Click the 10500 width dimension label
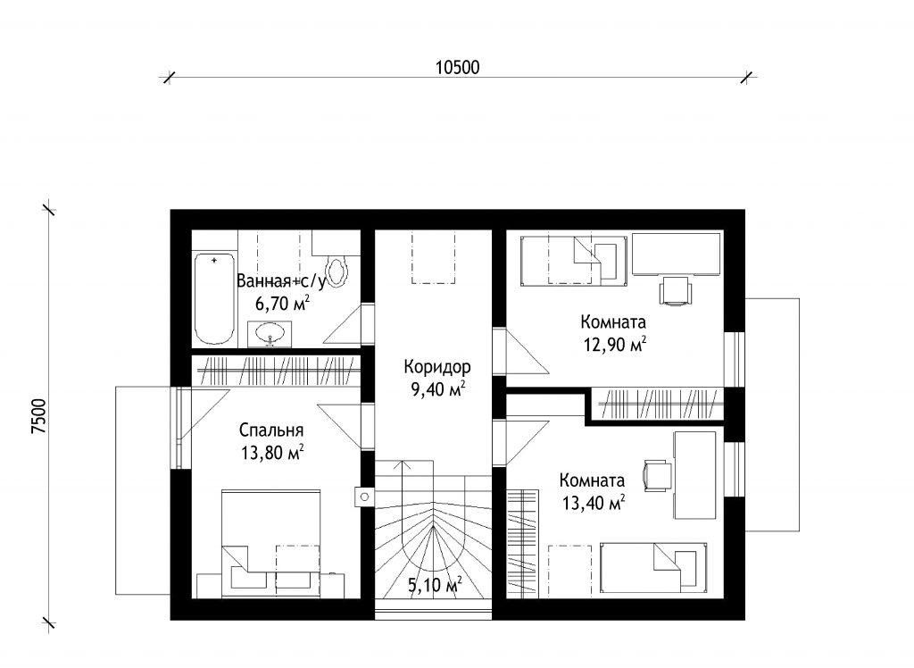pyautogui.click(x=458, y=68)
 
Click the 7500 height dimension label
pyautogui.click(x=38, y=416)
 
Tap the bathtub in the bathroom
pyautogui.click(x=214, y=298)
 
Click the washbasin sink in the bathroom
pyautogui.click(x=270, y=334)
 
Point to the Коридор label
pyautogui.click(x=436, y=367)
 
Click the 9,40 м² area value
pyautogui.click(x=437, y=389)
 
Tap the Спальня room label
pyautogui.click(x=271, y=430)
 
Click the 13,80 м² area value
pyautogui.click(x=272, y=453)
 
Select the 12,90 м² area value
pyautogui.click(x=614, y=345)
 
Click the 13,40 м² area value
pyautogui.click(x=594, y=502)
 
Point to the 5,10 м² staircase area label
pyautogui.click(x=435, y=585)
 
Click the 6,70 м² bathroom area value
pyautogui.click(x=282, y=303)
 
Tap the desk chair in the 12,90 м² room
pyautogui.click(x=677, y=290)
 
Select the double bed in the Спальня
pyautogui.click(x=270, y=543)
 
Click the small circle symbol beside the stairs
pyautogui.click(x=365, y=497)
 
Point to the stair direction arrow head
pyautogui.click(x=403, y=465)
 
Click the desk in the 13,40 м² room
pyautogui.click(x=694, y=475)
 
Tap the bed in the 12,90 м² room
pyautogui.click(x=573, y=261)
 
